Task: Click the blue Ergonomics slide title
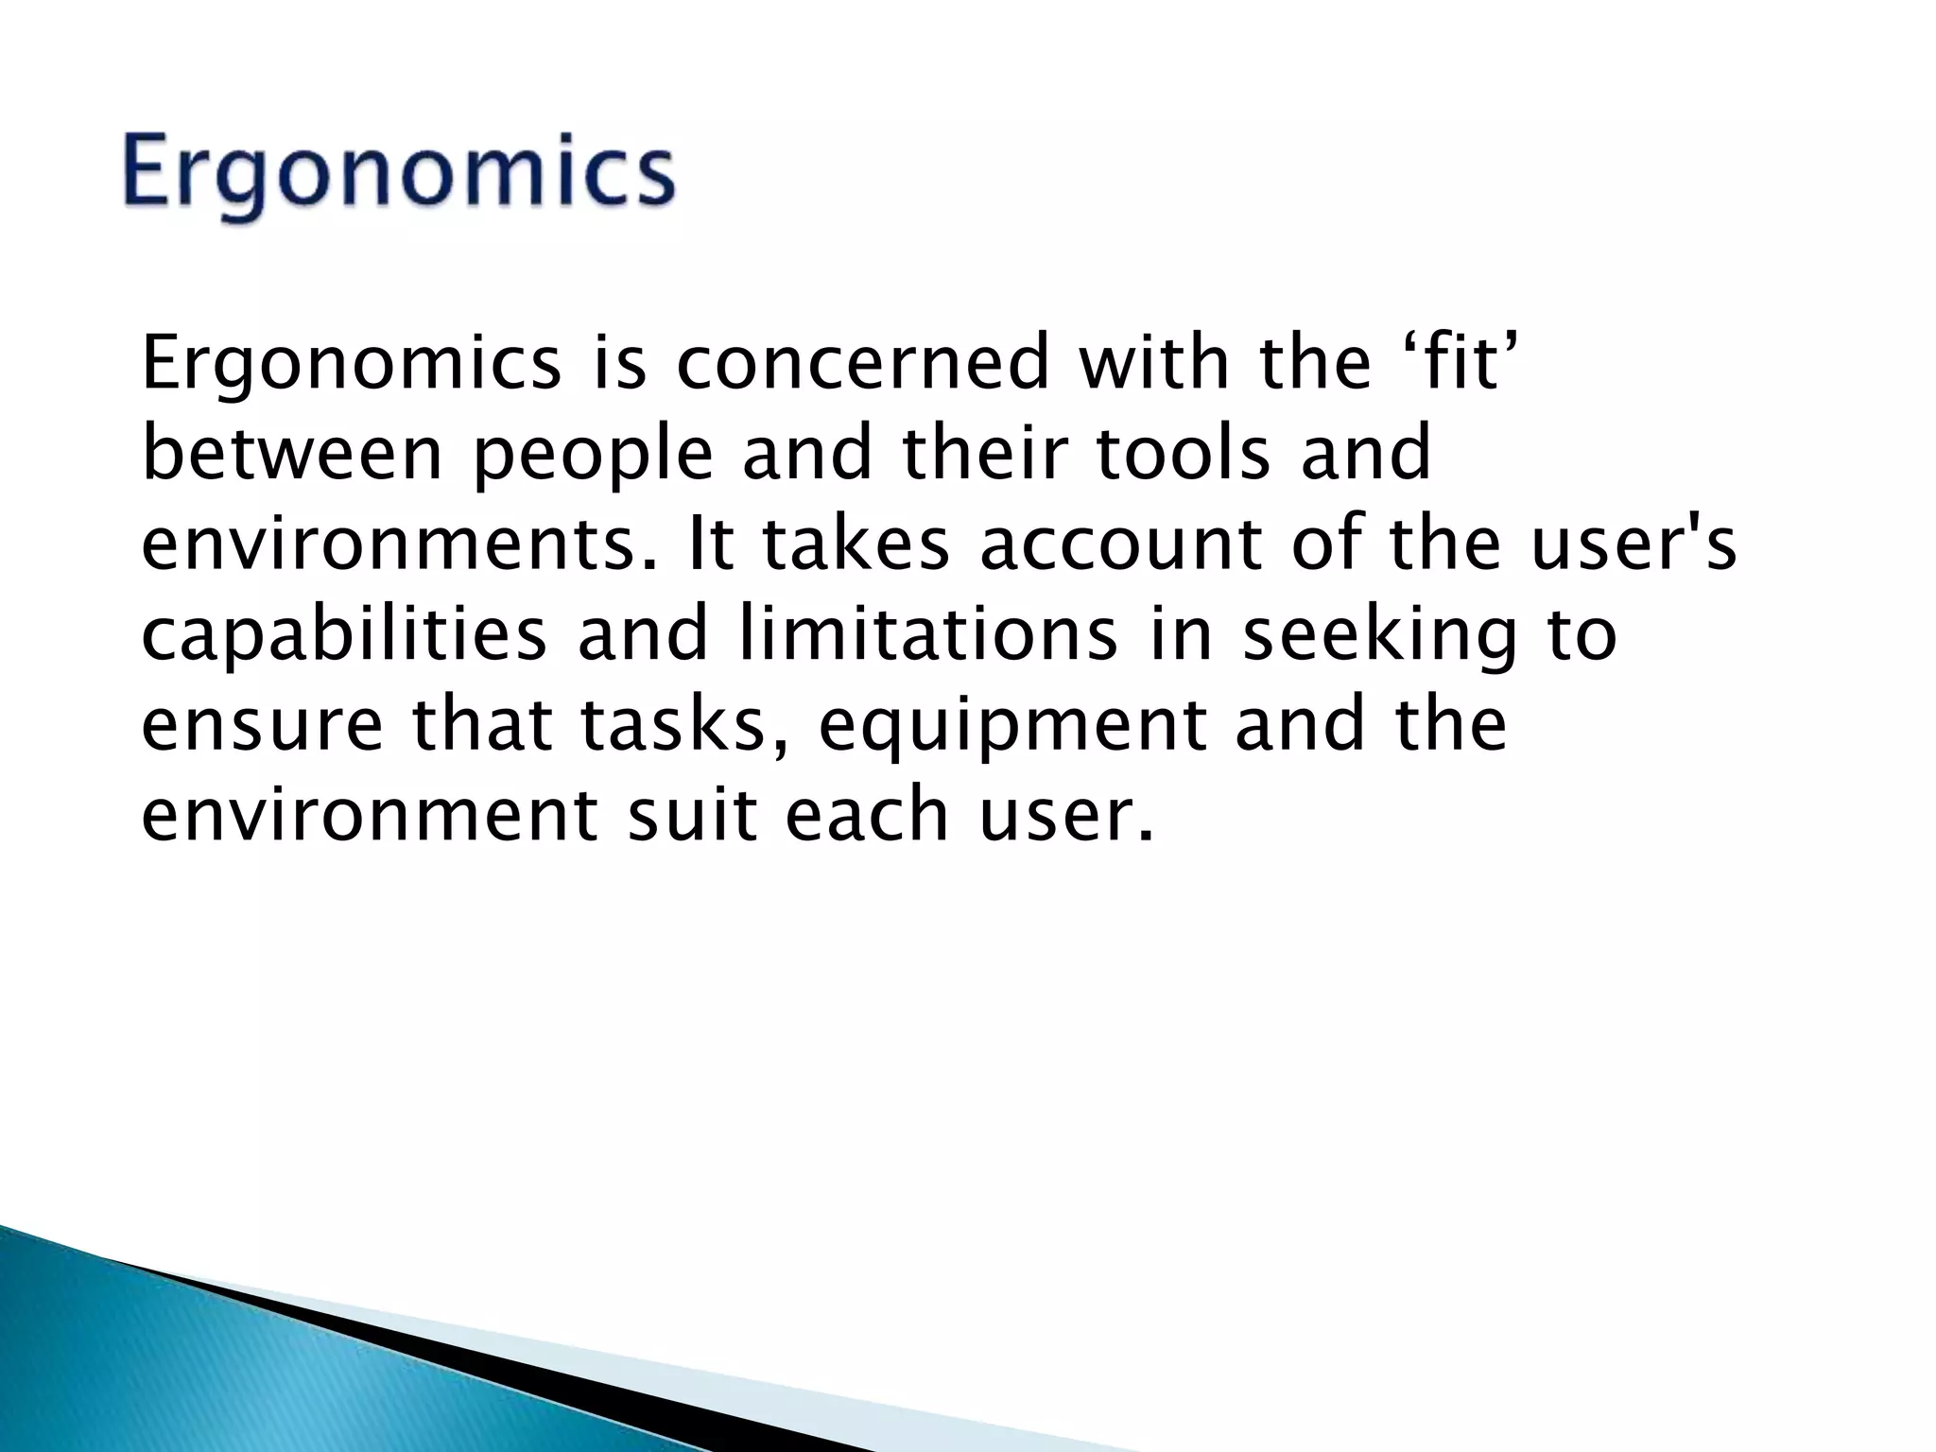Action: point(398,177)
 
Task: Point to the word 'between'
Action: point(292,454)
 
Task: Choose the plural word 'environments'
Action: point(397,545)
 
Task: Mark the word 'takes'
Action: point(855,545)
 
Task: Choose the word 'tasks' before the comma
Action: point(669,726)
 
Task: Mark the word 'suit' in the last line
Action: point(692,816)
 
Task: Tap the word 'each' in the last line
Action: point(867,816)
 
